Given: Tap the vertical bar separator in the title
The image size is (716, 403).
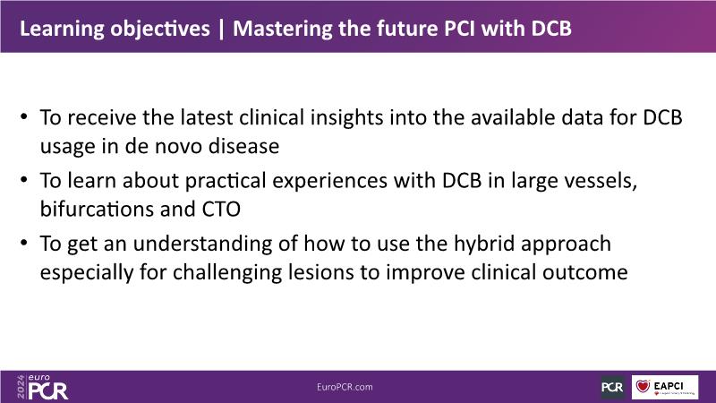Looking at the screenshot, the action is pyautogui.click(x=221, y=29).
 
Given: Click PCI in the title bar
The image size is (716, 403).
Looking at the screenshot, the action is pyautogui.click(x=460, y=29).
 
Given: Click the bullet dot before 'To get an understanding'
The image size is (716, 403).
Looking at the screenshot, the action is pyautogui.click(x=24, y=242).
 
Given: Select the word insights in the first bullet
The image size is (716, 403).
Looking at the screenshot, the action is pyautogui.click(x=346, y=118).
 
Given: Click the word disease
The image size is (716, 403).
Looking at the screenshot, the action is pyautogui.click(x=243, y=146).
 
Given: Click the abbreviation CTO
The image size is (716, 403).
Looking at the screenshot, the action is pyautogui.click(x=221, y=210).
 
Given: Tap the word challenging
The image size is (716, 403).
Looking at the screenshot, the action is pyautogui.click(x=227, y=273).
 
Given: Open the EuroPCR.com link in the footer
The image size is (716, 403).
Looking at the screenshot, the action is pyautogui.click(x=345, y=387).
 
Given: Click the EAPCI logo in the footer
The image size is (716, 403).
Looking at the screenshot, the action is pyautogui.click(x=665, y=387).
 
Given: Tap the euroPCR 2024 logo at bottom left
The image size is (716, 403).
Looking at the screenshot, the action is pyautogui.click(x=42, y=387).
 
